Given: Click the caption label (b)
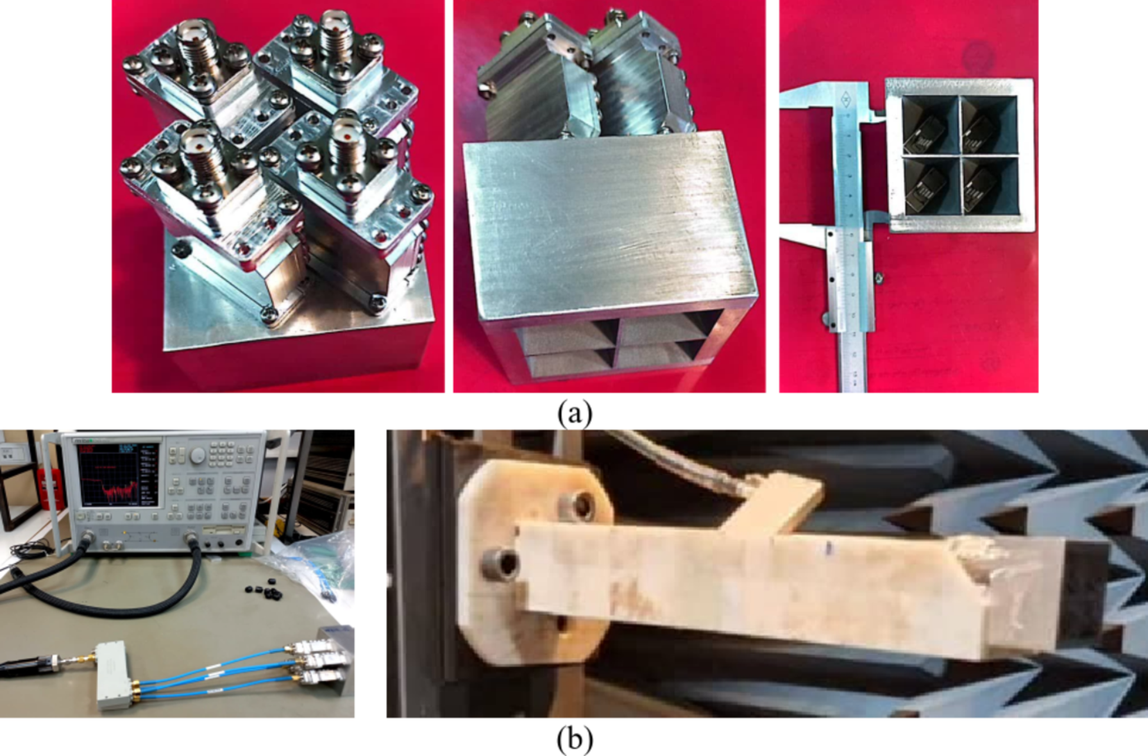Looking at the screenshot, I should pyautogui.click(x=575, y=739).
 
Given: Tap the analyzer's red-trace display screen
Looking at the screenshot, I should pyautogui.click(x=118, y=476).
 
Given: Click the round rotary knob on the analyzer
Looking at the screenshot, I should pyautogui.click(x=199, y=455).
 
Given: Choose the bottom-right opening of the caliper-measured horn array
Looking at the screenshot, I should pyautogui.click(x=988, y=185).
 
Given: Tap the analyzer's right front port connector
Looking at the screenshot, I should pyautogui.click(x=194, y=539).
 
